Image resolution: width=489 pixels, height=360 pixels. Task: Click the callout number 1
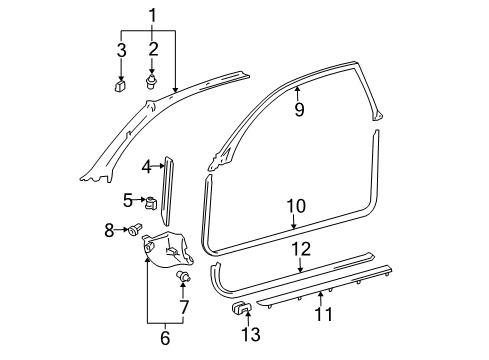153,15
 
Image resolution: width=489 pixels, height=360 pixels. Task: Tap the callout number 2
154,48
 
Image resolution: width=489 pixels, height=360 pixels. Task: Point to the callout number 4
146,166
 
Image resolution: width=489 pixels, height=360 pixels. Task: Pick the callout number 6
166,339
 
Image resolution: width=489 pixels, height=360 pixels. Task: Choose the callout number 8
109,231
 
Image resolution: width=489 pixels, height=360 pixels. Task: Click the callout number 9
298,110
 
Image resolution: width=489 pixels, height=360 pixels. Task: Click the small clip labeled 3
119,86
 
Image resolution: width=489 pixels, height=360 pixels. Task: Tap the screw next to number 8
132,231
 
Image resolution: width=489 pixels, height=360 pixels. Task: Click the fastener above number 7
184,274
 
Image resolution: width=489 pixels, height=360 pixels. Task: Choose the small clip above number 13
243,306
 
